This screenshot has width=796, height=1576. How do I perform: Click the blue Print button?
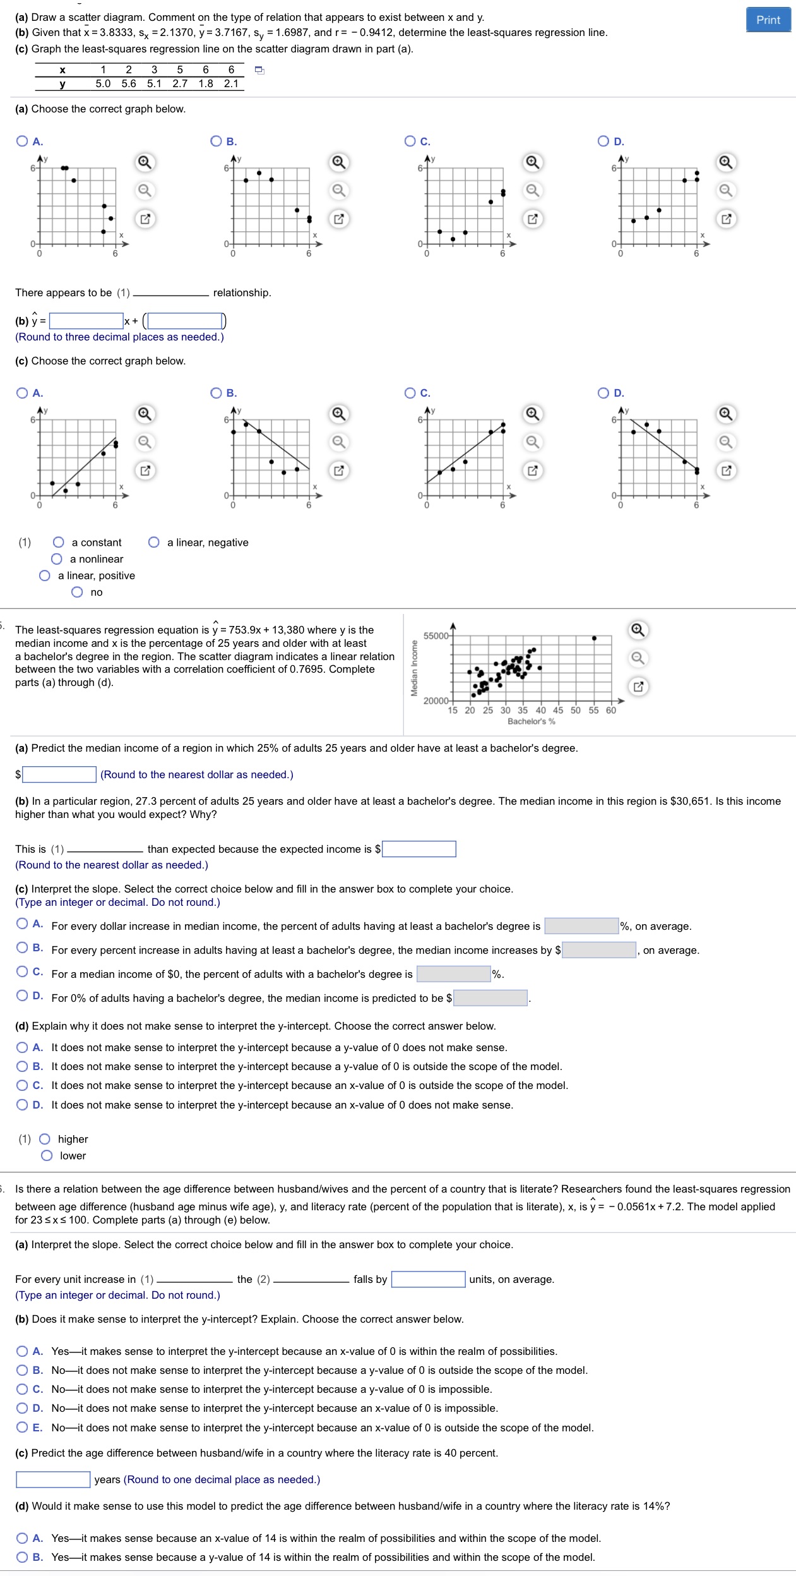(x=768, y=20)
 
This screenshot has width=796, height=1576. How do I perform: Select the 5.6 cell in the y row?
(x=129, y=83)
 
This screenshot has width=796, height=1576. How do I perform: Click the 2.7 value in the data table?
(x=180, y=83)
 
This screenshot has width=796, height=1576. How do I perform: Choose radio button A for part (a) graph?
(x=23, y=141)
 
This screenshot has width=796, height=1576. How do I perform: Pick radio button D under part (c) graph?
(x=604, y=393)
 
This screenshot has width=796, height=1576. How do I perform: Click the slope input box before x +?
(x=86, y=321)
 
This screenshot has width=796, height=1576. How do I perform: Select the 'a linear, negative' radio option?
(x=154, y=542)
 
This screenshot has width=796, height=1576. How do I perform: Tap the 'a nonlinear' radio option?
(x=57, y=559)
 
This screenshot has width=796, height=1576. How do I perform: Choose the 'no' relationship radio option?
(x=77, y=592)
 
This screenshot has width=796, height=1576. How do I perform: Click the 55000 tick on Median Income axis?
(x=436, y=635)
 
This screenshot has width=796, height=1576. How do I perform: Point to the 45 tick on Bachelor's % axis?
(x=558, y=710)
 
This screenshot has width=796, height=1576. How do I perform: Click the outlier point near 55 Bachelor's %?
(x=594, y=638)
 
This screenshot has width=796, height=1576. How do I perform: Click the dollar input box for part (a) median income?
(x=59, y=774)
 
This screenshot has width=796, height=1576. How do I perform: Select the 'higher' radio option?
(x=45, y=1139)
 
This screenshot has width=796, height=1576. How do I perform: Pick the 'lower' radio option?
(x=47, y=1155)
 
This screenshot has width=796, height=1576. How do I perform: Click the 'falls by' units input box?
(x=428, y=1279)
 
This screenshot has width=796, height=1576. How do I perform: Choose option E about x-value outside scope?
(x=23, y=1428)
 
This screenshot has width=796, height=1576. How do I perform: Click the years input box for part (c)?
(x=53, y=1479)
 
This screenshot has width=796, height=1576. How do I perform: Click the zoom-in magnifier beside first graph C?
(x=533, y=163)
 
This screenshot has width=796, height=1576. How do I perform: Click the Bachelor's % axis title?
(x=532, y=721)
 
